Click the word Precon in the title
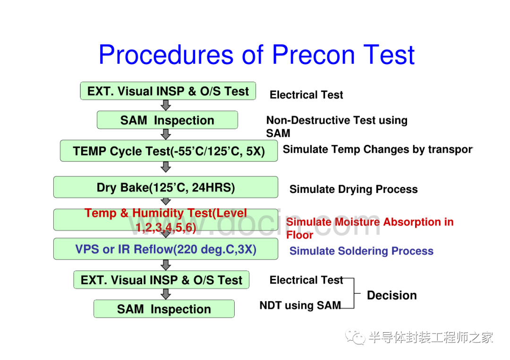[x=313, y=55]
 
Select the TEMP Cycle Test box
[x=169, y=151]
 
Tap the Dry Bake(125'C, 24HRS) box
[x=166, y=187]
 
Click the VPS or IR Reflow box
[x=166, y=249]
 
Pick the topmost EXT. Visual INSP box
[x=168, y=91]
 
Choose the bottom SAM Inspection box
[x=164, y=309]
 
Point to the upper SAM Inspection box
[x=167, y=120]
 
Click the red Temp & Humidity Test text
[x=166, y=220]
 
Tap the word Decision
[x=391, y=295]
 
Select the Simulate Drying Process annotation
[x=354, y=189]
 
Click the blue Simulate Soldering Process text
[x=361, y=251]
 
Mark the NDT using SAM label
[x=300, y=305]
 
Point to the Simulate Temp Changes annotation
[x=378, y=150]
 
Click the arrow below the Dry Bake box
[x=166, y=201]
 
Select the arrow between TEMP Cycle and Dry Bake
[x=166, y=167]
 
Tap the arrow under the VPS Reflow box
[x=166, y=265]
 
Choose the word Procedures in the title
[x=166, y=55]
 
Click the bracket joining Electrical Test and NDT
[x=354, y=293]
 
